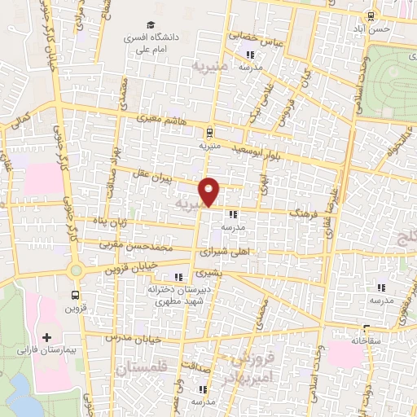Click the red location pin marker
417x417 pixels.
pyautogui.click(x=210, y=191)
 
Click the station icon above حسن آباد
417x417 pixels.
pyautogui.click(x=371, y=15)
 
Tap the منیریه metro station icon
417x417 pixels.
pyautogui.click(x=209, y=132)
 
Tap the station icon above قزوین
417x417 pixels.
pyautogui.click(x=76, y=296)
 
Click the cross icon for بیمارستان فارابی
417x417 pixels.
pyautogui.click(x=46, y=337)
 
